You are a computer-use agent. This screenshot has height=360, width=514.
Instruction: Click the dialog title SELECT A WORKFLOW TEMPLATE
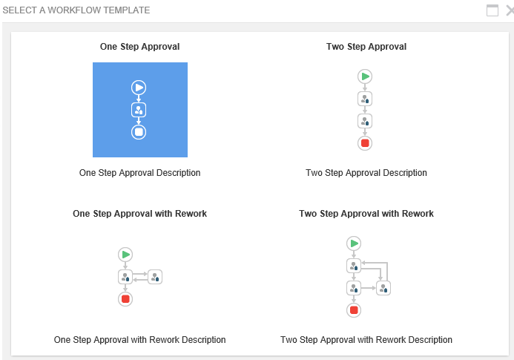click(x=76, y=10)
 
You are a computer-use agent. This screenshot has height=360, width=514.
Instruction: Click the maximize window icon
click(x=492, y=10)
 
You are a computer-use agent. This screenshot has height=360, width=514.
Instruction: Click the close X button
click(x=510, y=10)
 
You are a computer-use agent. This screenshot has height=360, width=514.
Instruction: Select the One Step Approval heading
click(x=139, y=47)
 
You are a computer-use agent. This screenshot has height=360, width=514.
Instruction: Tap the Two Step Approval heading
click(x=366, y=47)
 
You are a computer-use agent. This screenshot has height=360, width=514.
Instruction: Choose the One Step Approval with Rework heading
click(x=139, y=214)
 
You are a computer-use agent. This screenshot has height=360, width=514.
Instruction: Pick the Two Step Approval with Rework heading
click(x=366, y=214)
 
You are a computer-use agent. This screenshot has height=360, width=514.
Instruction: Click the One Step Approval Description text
click(x=139, y=173)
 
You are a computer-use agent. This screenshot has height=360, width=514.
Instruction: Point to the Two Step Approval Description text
click(x=366, y=173)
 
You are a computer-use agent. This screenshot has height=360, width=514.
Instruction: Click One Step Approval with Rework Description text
click(x=139, y=340)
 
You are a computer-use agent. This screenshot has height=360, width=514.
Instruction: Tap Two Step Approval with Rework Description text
click(x=366, y=340)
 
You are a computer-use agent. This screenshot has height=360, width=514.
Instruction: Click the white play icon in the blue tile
click(x=139, y=88)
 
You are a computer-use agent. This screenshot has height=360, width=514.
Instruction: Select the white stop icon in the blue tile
click(x=139, y=132)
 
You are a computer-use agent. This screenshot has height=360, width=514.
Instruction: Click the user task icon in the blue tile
click(x=139, y=110)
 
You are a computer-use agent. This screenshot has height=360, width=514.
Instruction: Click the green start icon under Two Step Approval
click(x=365, y=76)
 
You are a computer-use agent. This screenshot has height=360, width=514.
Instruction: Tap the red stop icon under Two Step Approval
click(x=365, y=143)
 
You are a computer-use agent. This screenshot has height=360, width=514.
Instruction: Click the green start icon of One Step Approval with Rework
click(x=125, y=255)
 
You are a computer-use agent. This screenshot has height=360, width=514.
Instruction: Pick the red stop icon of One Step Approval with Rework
click(x=125, y=299)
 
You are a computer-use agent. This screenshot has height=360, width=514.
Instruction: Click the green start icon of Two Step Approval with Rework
click(x=354, y=243)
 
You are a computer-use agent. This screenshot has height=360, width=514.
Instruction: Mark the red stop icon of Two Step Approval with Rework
click(x=354, y=310)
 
